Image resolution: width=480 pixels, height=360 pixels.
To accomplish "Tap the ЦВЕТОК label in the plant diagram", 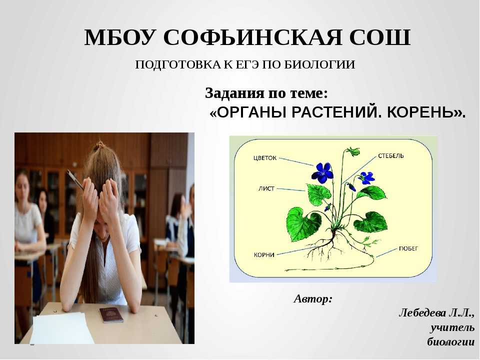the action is pyautogui.click(x=265, y=158).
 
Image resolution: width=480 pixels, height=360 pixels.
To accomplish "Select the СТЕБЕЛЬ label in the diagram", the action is pyautogui.click(x=390, y=155).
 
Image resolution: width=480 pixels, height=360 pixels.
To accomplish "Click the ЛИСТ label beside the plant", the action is pyautogui.click(x=266, y=188).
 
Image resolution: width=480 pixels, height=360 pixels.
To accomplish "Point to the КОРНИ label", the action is pyautogui.click(x=264, y=254).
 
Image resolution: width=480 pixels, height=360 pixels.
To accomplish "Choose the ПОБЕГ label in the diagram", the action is pyautogui.click(x=408, y=248).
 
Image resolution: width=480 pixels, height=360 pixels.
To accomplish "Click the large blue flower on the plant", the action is pyautogui.click(x=322, y=173).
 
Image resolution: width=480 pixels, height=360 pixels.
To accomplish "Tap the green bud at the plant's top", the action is pyautogui.click(x=353, y=151).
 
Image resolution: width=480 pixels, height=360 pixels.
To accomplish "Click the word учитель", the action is pyautogui.click(x=452, y=327).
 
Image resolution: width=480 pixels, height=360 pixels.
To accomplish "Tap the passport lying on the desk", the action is pyautogui.click(x=111, y=314).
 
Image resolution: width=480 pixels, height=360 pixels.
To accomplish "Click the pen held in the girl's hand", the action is pyautogui.click(x=75, y=179).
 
